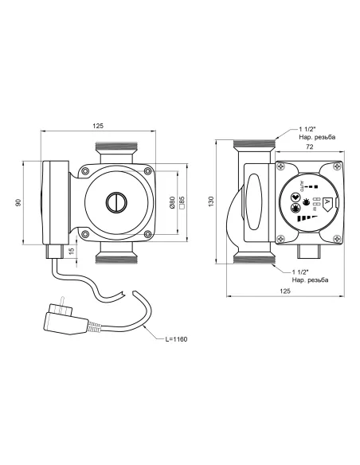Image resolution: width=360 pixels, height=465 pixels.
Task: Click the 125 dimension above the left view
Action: pyautogui.click(x=98, y=126)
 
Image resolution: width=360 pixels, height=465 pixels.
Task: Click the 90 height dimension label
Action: pyautogui.click(x=18, y=202)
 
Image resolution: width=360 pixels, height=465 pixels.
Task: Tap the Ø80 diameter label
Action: pyautogui.click(x=173, y=202)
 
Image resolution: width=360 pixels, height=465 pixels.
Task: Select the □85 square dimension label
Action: pyautogui.click(x=182, y=202)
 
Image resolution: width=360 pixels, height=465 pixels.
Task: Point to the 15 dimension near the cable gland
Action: pyautogui.click(x=71, y=251)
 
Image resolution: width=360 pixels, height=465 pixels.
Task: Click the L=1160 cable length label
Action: pyautogui.click(x=177, y=339)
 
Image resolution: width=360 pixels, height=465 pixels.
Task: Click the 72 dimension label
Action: pyautogui.click(x=309, y=147)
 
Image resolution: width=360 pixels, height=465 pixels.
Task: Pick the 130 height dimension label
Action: pyautogui.click(x=211, y=201)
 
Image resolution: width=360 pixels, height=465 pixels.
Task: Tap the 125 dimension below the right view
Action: pyautogui.click(x=285, y=291)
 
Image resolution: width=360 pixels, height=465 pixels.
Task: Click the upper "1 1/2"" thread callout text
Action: pyautogui.click(x=307, y=129)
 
